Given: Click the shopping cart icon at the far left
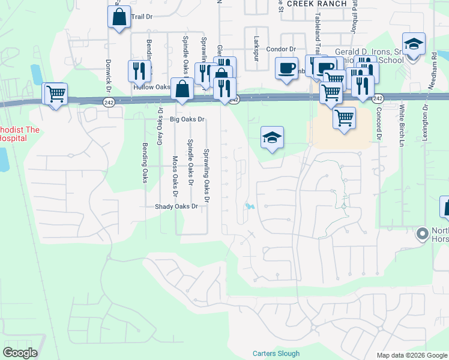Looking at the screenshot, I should [x=55, y=94].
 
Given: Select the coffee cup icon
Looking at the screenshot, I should [x=286, y=67].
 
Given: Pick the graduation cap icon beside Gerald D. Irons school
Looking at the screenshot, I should [x=413, y=44].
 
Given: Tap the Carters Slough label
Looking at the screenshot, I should [x=276, y=353].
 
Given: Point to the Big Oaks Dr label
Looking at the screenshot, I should [x=187, y=119].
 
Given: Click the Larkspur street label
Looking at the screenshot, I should [x=256, y=45].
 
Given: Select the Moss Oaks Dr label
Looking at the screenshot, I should [x=175, y=176].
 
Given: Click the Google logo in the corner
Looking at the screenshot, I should [x=20, y=353].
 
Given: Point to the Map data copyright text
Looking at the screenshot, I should [x=412, y=355].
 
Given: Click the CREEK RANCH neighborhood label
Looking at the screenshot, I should [x=317, y=4].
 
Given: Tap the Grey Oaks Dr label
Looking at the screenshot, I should [x=160, y=127].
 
